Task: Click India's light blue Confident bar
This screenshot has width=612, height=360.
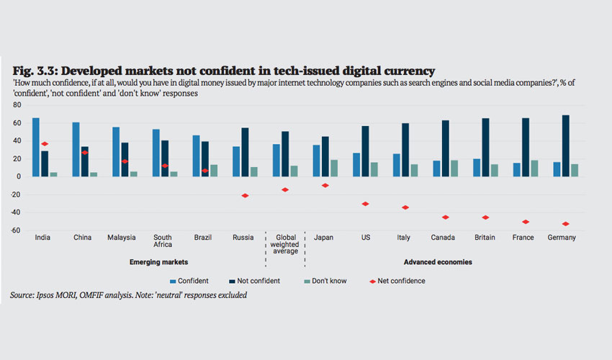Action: point(36,147)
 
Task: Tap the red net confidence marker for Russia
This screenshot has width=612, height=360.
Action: point(246,196)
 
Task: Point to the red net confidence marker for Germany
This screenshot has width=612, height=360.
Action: point(565,224)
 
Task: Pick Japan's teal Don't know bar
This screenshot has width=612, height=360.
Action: point(333,168)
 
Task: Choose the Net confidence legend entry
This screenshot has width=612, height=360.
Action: point(397,281)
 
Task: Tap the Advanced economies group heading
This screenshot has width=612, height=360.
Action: point(443,262)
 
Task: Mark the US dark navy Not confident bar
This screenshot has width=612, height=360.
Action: point(366,151)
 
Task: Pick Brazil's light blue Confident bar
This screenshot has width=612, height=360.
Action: point(196,156)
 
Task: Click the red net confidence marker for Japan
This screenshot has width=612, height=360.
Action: point(325,185)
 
